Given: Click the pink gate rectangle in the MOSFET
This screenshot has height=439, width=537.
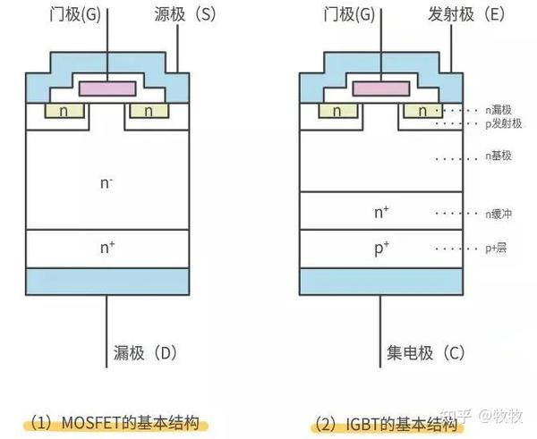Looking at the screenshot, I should point(107,88).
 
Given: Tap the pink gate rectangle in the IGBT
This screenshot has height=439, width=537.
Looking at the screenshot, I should point(380,88).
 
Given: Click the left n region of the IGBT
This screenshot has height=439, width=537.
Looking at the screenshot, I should point(336,112).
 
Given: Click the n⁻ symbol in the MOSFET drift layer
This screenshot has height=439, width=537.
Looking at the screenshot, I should point(107,184).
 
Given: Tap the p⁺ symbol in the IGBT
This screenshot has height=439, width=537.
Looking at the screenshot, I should point(380,248).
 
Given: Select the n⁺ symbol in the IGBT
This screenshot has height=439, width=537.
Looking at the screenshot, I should point(380,214).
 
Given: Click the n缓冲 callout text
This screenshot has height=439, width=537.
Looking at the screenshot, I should point(499,214).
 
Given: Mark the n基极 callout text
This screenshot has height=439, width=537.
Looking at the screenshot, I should point(499,156).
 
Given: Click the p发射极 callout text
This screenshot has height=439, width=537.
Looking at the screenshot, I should point(502,122).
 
